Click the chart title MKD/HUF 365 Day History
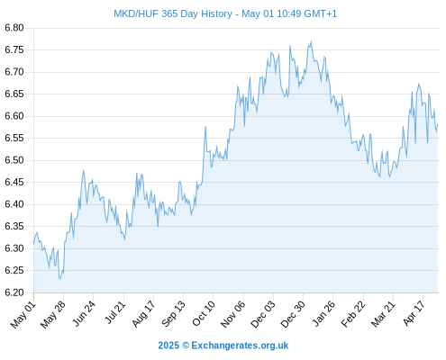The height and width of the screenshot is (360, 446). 173,13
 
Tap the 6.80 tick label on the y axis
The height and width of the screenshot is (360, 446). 14,28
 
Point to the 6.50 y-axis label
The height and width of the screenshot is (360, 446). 14,160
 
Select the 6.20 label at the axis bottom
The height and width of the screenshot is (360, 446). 14,292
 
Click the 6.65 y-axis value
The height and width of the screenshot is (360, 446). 14,94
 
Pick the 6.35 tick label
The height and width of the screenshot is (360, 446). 14,226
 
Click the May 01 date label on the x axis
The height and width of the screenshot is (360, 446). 23,314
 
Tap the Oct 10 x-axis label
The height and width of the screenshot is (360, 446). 204,313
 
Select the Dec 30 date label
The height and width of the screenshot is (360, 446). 293,314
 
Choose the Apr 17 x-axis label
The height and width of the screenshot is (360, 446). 414,313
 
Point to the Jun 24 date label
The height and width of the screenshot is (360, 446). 84,313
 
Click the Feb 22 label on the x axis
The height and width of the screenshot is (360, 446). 353,314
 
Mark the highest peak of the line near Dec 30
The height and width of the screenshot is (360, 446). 311,41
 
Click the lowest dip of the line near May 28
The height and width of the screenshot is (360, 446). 60,279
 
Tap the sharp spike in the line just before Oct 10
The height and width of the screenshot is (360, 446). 205,126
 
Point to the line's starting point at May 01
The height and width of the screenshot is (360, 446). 33,243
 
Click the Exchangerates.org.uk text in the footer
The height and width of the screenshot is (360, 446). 240,346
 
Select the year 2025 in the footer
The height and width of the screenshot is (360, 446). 168,346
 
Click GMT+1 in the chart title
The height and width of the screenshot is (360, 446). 321,13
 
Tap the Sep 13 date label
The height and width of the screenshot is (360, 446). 173,314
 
